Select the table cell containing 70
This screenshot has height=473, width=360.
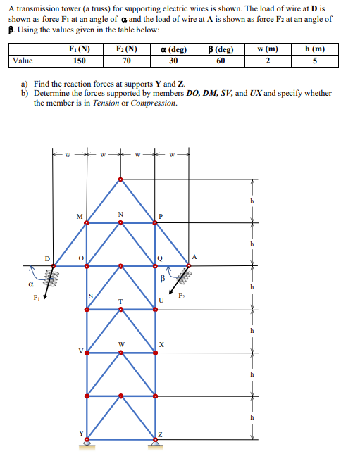pos(126,61)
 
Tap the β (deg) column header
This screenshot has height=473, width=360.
pos(222,50)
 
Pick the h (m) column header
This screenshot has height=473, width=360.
pos(317,50)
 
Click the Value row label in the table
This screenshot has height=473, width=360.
pos(24,61)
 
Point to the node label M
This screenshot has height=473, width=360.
pos(80,215)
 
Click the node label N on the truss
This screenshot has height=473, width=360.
pos(120,214)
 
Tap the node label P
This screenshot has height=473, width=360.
pos(161,216)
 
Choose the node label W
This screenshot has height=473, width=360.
pos(121,344)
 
